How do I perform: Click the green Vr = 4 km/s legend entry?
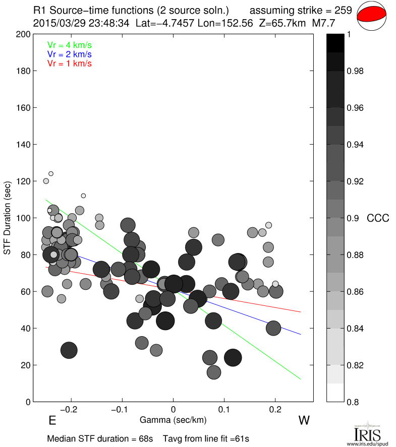point(70,44)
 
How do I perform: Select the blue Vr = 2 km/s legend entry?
point(70,54)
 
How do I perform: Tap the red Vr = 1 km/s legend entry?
point(70,63)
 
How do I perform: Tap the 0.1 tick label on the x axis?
point(224,409)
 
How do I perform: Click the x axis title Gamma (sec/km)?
point(173,419)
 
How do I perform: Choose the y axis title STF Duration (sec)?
point(8,218)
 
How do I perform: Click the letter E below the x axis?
point(51,420)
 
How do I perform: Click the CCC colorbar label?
point(378,218)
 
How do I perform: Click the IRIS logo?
point(366,433)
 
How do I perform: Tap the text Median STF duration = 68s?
point(100,438)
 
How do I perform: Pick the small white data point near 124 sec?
point(51,174)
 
